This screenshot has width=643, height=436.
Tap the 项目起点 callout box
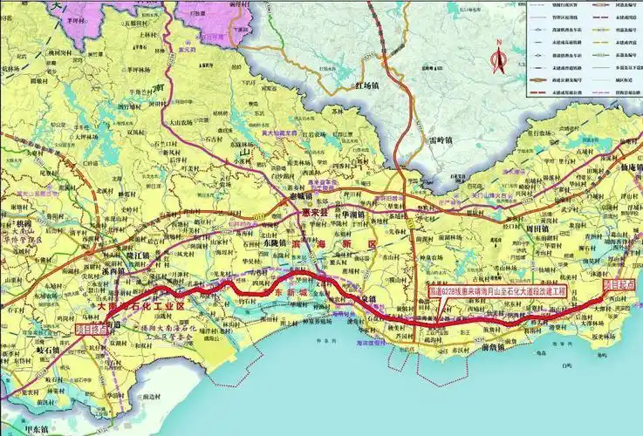(94, 330)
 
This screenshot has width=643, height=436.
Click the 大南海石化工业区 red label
(131, 307)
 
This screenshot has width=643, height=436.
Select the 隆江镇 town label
(136, 255)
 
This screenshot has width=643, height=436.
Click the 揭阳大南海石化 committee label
(162, 324)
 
